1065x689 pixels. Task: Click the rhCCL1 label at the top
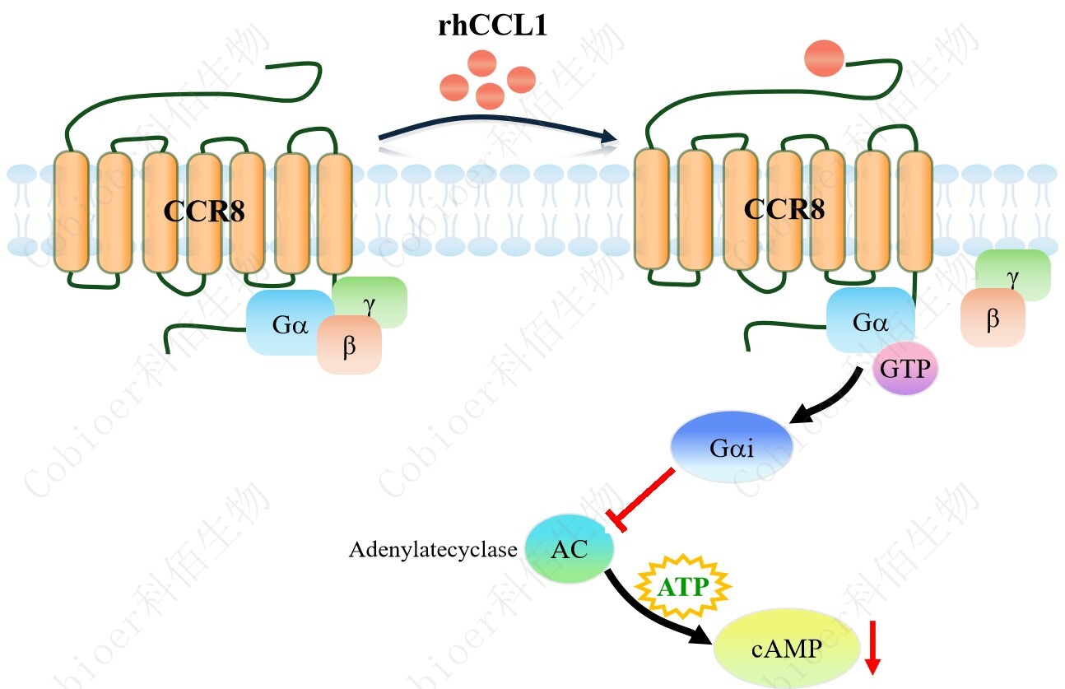click(492, 26)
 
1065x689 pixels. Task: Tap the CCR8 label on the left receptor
click(204, 212)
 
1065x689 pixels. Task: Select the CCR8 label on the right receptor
click(784, 209)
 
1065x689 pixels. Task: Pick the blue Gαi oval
click(732, 449)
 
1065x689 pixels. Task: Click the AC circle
click(570, 549)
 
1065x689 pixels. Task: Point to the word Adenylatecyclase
click(433, 550)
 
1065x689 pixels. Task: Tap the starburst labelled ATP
click(681, 587)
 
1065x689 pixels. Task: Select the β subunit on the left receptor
click(350, 346)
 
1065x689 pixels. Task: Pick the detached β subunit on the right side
click(993, 319)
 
